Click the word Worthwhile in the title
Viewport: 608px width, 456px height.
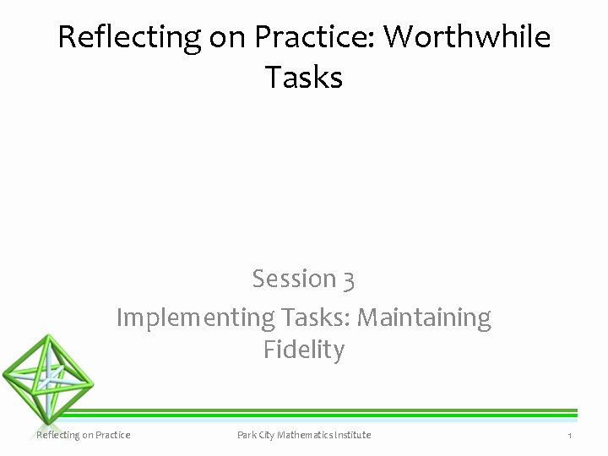click(x=466, y=37)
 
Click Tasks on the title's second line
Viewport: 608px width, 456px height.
click(x=303, y=78)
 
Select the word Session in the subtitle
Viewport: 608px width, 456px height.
click(x=293, y=278)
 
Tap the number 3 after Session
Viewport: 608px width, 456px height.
click(x=348, y=278)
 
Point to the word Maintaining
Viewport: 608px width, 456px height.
click(x=425, y=318)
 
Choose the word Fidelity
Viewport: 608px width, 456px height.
click(x=303, y=350)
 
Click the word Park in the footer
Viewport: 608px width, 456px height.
click(x=247, y=435)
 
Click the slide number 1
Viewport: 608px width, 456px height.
click(x=570, y=435)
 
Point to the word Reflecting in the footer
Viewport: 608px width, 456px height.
click(x=57, y=435)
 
